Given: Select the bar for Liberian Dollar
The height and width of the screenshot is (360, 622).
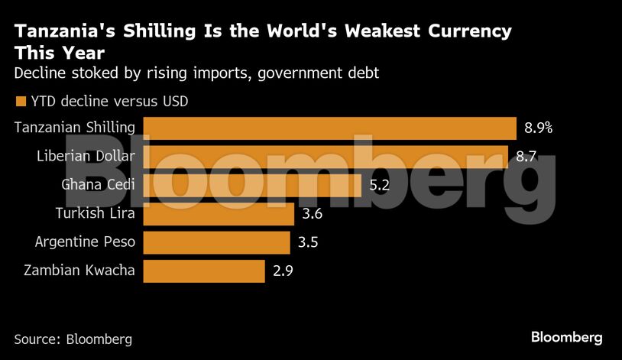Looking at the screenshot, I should tap(326, 157).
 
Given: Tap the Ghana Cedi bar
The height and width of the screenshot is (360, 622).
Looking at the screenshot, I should tap(252, 185).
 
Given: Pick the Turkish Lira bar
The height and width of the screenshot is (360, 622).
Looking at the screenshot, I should tap(219, 214).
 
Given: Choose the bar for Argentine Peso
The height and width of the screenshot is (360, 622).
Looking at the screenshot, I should tap(216, 242).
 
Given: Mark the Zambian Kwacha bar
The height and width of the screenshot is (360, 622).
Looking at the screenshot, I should tap(204, 271).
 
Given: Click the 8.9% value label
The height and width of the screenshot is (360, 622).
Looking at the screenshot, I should tap(538, 128).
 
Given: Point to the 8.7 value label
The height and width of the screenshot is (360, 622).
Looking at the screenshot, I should tap(526, 157).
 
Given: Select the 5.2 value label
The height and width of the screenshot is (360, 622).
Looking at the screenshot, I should tap(379, 185).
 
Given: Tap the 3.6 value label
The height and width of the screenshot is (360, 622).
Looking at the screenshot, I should tap(313, 214).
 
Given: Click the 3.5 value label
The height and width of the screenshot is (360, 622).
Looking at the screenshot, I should tap(309, 242).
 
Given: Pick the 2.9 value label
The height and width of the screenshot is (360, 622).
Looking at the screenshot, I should tap(283, 271).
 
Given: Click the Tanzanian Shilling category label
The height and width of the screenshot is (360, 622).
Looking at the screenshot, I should tap(75, 128).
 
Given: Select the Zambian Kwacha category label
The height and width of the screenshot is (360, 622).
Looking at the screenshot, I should tap(79, 271).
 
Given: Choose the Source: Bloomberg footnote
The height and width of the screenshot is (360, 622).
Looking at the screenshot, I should tap(73, 339).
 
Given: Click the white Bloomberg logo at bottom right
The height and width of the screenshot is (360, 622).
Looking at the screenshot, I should tap(566, 337).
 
